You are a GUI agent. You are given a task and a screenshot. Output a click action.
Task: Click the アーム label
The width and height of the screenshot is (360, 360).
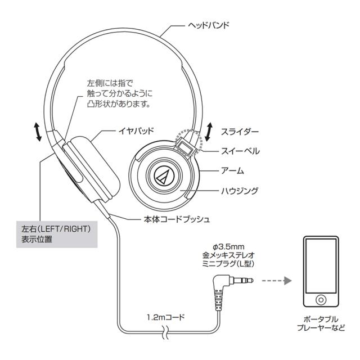point(232,170)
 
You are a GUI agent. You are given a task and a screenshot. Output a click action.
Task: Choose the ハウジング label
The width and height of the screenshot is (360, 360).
point(239,191)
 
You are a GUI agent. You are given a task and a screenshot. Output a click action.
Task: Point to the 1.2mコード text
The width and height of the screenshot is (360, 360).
point(166,317)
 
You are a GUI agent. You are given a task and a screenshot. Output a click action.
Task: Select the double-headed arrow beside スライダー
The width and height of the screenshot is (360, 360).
point(208,130)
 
